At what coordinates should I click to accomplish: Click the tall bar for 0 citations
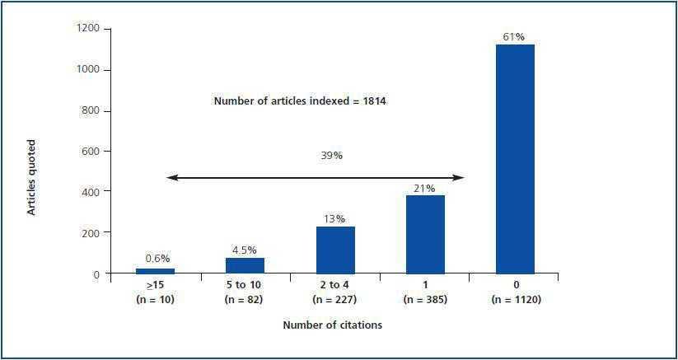coord(515,159)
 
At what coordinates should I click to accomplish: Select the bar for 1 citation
coord(425,234)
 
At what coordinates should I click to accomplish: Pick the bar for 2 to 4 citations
coord(335,250)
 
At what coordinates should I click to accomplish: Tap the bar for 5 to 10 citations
coord(245,264)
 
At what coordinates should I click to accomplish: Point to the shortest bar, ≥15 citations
coord(155,270)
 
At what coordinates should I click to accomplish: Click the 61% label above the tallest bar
coord(514,36)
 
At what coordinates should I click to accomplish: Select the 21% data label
coord(424,188)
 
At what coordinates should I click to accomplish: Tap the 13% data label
coord(335,218)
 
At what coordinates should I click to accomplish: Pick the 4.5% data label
coord(245,250)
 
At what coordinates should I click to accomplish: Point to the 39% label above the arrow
coord(332,155)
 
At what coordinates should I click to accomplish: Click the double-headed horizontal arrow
coord(316,177)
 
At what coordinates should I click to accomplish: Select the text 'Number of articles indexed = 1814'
coord(300,101)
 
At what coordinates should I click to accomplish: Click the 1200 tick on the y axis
coord(87,29)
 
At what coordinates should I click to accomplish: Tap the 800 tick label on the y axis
coord(90,110)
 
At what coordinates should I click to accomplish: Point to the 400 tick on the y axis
coord(90,192)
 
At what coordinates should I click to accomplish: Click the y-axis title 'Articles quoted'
coord(32,178)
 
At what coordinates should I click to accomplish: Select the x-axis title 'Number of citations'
coord(332,325)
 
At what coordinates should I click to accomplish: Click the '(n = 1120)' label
coord(515,299)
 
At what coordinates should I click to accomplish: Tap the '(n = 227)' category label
coord(335,299)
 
